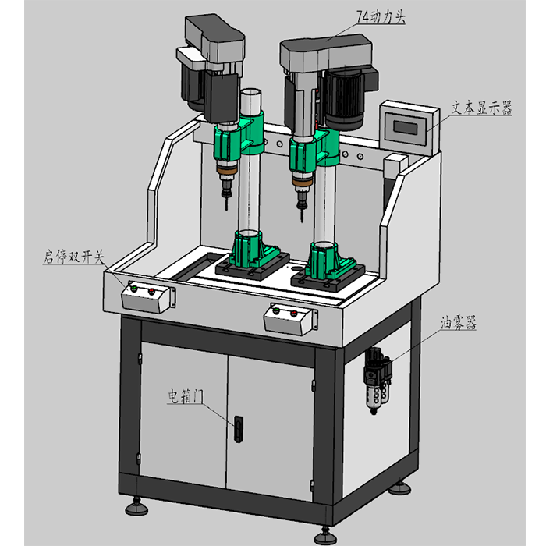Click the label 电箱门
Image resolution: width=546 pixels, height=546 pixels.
click(x=186, y=396)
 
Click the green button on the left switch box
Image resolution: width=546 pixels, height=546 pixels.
click(x=133, y=290)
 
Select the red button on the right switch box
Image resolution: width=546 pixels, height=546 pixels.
click(x=293, y=314)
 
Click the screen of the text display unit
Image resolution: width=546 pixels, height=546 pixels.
click(x=406, y=126)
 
